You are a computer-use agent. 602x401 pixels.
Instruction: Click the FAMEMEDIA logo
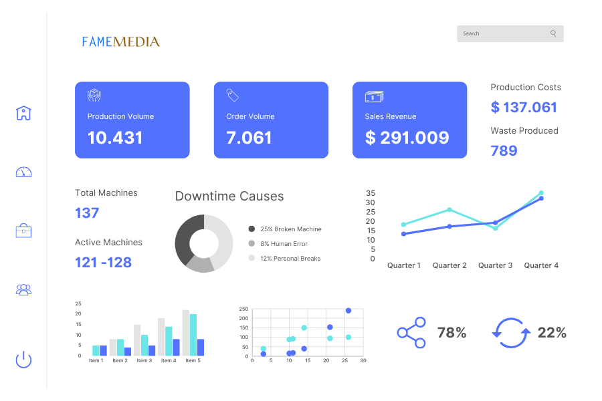(121, 41)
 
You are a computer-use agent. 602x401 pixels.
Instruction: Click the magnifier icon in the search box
(553, 33)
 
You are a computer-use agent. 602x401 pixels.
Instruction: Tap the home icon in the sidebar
(23, 113)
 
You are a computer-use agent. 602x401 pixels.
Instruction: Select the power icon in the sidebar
(23, 360)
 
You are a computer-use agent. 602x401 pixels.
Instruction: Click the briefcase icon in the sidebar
(23, 231)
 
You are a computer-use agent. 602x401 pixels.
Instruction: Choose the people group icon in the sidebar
(23, 289)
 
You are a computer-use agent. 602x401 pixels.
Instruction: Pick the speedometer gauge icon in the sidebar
(23, 172)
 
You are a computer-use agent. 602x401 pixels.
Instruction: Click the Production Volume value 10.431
(115, 138)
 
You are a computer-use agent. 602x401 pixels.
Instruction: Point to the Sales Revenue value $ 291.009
(407, 138)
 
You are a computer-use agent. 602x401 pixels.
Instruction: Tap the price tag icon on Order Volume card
(233, 96)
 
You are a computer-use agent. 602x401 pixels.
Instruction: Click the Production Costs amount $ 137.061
(524, 108)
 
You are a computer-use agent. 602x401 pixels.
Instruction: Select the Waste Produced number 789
(504, 151)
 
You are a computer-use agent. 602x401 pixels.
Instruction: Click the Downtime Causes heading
(229, 196)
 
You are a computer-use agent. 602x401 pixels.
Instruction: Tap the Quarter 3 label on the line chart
(495, 265)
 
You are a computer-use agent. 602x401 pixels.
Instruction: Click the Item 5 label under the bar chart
(192, 361)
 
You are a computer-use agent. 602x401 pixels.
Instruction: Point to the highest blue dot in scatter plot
(348, 311)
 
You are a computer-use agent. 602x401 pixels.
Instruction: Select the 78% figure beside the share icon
(451, 332)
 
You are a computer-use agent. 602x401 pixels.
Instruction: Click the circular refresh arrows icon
(512, 332)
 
